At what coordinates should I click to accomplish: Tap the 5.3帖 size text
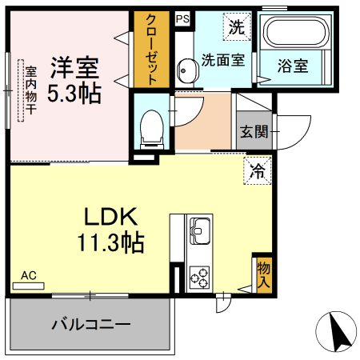coord(73,93)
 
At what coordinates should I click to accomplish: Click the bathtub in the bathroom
coord(293,34)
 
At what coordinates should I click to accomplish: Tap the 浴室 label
coord(293,66)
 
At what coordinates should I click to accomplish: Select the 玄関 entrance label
coord(250,132)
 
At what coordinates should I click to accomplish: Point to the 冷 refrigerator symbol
coord(257,170)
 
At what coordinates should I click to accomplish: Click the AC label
coord(29,276)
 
